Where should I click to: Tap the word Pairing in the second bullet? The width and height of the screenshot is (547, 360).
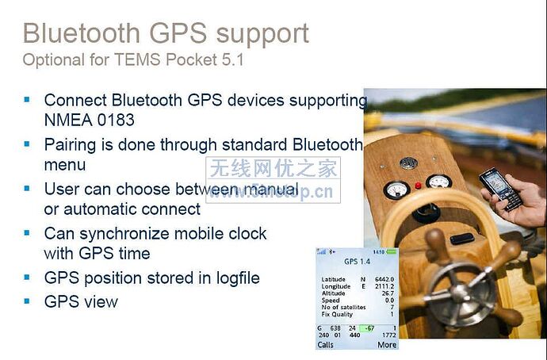[71, 145]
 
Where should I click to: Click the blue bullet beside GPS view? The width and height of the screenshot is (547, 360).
[27, 301]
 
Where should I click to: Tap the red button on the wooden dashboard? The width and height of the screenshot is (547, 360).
[418, 186]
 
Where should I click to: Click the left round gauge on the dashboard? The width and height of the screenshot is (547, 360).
[396, 190]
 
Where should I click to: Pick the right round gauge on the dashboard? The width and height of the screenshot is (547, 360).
[438, 180]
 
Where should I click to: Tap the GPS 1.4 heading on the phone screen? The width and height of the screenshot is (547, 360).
[357, 262]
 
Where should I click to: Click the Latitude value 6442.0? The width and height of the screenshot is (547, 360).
[384, 280]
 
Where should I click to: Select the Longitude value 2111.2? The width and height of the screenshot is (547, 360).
[384, 287]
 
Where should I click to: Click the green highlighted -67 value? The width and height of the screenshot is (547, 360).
[368, 327]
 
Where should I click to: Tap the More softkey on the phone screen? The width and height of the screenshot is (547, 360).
[387, 345]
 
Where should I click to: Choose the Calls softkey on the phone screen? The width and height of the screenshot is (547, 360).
[326, 345]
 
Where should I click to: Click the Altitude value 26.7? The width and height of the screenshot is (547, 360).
[387, 293]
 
